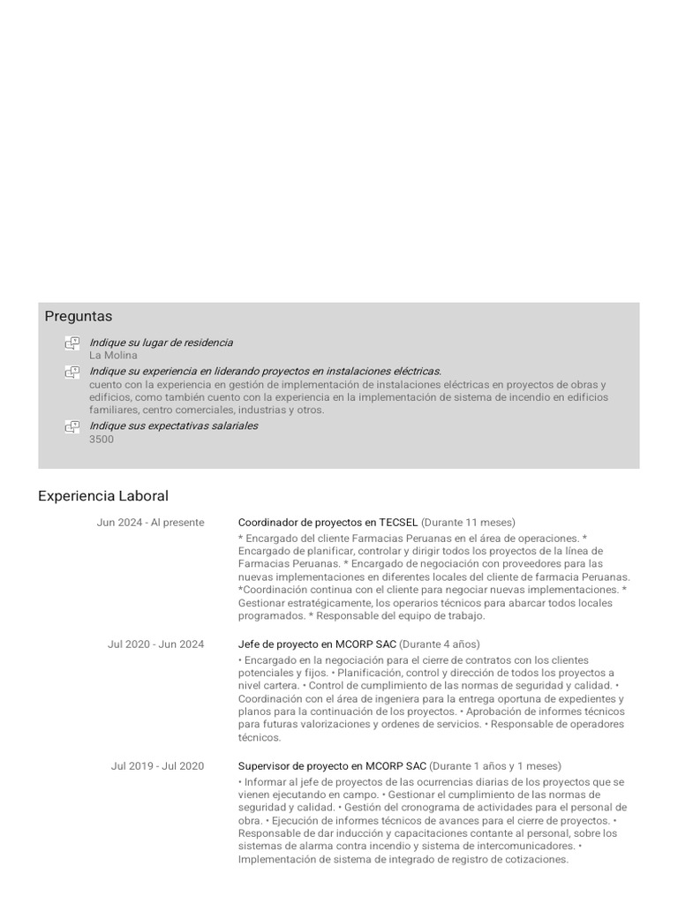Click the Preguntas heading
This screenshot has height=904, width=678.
(x=79, y=316)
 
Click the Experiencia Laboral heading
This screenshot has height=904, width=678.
(x=103, y=496)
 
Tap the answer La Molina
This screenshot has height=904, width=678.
(x=113, y=355)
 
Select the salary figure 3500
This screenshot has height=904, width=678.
(x=102, y=439)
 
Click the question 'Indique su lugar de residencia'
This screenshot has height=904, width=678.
(x=161, y=343)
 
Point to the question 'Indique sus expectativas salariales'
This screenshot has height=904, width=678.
(x=173, y=426)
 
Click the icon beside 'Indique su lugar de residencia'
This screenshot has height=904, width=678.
(x=72, y=343)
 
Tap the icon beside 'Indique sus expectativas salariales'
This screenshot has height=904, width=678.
(x=72, y=427)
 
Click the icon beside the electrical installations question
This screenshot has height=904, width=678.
(x=72, y=373)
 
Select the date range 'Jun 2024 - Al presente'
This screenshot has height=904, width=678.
(x=150, y=523)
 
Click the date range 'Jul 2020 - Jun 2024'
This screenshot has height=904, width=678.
(x=155, y=644)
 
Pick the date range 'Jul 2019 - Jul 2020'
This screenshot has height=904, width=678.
(x=157, y=766)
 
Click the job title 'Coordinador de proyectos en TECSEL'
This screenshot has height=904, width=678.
(x=328, y=523)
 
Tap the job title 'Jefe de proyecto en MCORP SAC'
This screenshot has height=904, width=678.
(x=317, y=644)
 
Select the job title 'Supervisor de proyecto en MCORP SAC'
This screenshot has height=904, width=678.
(x=332, y=766)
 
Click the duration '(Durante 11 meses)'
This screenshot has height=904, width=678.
(x=469, y=523)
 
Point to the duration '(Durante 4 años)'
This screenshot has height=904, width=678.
(x=440, y=644)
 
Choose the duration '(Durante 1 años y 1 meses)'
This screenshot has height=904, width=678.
(x=495, y=766)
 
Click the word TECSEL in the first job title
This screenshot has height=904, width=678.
(x=398, y=523)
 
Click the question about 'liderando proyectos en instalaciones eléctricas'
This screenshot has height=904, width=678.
(x=265, y=372)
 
